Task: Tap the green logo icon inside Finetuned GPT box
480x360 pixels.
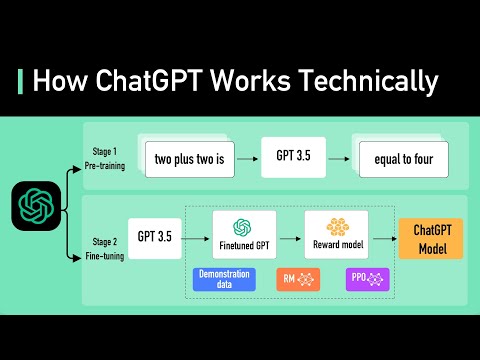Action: [241, 227]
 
